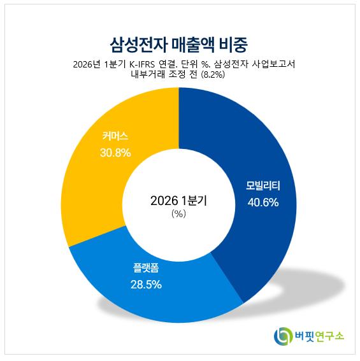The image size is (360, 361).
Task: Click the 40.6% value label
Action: coord(263,202)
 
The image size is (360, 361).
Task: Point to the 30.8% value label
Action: coord(115,153)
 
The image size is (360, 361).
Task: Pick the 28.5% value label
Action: coord(146,285)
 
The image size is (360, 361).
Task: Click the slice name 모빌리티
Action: coord(263,186)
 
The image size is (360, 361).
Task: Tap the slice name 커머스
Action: coord(115,136)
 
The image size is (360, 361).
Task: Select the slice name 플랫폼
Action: coord(146,268)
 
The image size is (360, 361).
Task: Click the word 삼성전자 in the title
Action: coord(138,45)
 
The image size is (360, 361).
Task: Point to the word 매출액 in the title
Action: coord(193,45)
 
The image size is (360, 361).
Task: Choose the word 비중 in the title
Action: coord(233,45)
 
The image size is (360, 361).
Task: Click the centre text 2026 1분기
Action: coord(179,201)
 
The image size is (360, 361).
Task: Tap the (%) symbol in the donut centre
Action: coord(179,214)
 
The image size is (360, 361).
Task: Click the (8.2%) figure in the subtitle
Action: coord(213,74)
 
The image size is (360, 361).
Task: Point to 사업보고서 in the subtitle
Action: coord(273,64)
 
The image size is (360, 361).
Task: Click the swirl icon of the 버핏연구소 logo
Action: coord(282,336)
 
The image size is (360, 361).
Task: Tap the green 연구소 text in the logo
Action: coord(329,336)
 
